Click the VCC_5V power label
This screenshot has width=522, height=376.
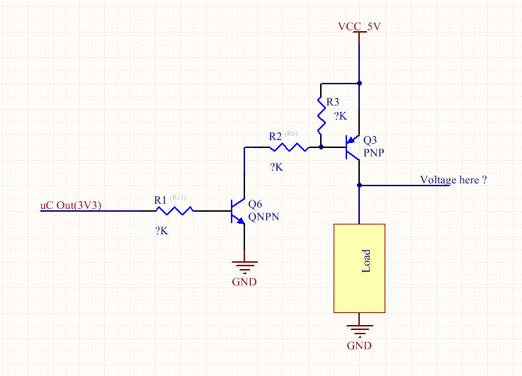point(360,27)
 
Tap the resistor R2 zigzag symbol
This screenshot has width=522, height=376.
point(288,148)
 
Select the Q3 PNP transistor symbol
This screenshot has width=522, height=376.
point(352,148)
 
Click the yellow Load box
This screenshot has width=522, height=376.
point(360,267)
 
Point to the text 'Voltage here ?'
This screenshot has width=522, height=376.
point(453,180)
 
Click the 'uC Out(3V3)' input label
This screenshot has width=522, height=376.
point(71,205)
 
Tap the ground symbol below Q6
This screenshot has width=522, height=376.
point(244,268)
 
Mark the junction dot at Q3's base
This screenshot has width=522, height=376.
point(322,148)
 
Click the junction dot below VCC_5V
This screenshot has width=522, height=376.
point(360,81)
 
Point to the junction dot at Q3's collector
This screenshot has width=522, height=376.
point(360,186)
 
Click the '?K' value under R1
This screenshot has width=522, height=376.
point(161,231)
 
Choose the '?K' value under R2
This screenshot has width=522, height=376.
point(276,168)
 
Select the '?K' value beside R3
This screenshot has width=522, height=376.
point(341,115)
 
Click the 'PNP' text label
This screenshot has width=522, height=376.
point(373,152)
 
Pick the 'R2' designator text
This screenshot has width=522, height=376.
point(276,135)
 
